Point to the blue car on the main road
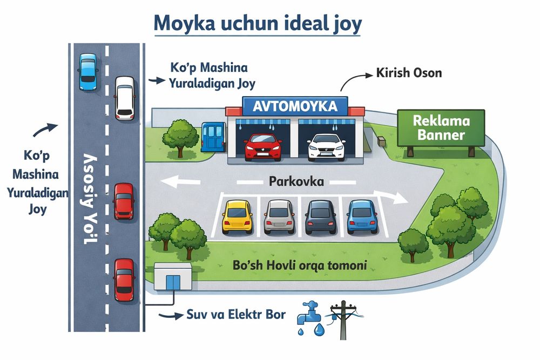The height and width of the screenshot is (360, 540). (88, 71)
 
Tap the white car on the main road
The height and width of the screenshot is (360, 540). (125, 97)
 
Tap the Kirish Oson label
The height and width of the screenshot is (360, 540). (409, 73)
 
